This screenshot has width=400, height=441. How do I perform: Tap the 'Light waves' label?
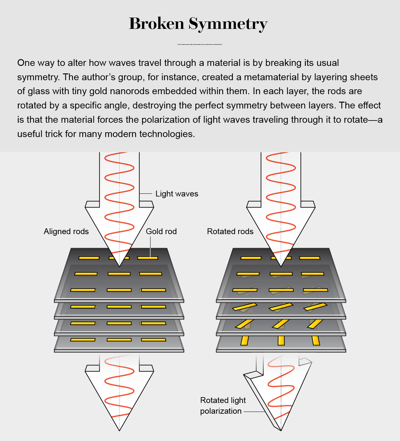(176, 194)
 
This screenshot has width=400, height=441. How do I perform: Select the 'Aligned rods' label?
(66, 231)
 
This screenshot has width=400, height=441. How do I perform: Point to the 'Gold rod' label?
(161, 231)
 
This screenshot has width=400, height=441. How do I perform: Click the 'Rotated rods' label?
(230, 231)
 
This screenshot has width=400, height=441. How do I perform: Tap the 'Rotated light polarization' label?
(223, 405)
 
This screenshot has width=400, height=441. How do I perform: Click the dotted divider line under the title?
(200, 44)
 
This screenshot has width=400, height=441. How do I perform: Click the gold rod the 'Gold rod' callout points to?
(148, 258)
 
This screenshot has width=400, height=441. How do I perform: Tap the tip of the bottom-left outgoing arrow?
(119, 429)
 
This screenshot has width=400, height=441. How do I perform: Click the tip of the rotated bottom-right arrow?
(281, 429)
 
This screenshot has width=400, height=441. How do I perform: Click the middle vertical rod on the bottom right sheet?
(280, 341)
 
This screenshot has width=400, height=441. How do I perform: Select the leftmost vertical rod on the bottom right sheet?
(244, 341)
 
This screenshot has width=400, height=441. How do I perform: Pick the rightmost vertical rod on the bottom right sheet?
(316, 341)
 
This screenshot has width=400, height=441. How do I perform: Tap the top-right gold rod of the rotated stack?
(310, 258)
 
